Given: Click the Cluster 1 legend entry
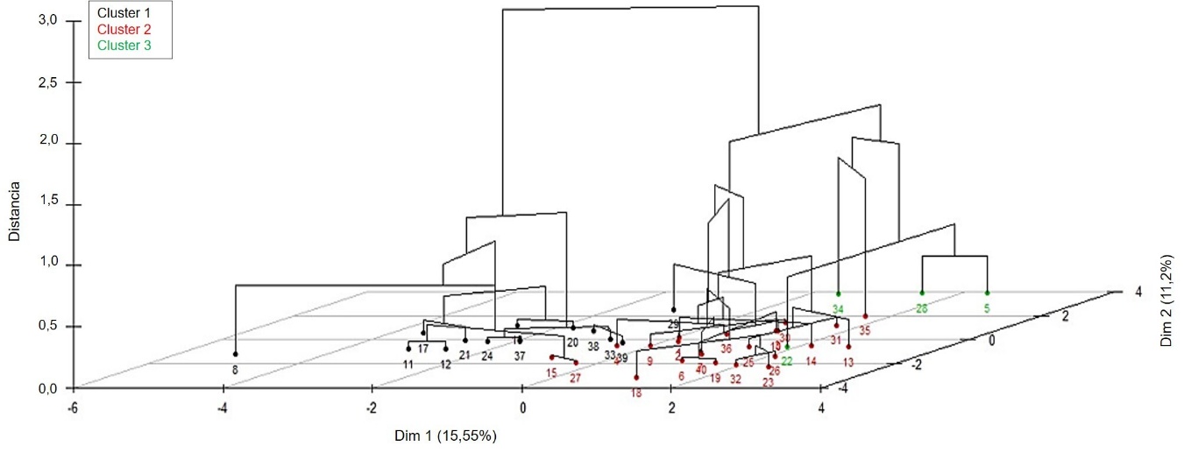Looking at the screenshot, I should pyautogui.click(x=124, y=14).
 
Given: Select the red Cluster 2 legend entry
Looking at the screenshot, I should pyautogui.click(x=124, y=30).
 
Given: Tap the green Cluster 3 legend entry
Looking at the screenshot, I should pyautogui.click(x=124, y=46).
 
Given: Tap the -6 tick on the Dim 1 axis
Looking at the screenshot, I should pyautogui.click(x=73, y=407).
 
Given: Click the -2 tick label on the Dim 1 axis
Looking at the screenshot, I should pyautogui.click(x=372, y=407).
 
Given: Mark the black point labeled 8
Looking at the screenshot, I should pyautogui.click(x=235, y=354).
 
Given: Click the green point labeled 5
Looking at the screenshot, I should pyautogui.click(x=987, y=294).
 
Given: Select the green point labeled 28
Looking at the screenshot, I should pyautogui.click(x=922, y=294).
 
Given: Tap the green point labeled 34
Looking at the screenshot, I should pyautogui.click(x=838, y=294).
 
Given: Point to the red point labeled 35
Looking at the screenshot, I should pyautogui.click(x=865, y=316).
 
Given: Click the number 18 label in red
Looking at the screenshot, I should pyautogui.click(x=636, y=393).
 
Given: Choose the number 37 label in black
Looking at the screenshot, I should pyautogui.click(x=519, y=356).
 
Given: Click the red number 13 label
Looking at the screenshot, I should pyautogui.click(x=848, y=362).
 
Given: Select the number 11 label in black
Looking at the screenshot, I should pyautogui.click(x=408, y=364).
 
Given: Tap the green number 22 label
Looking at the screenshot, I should pyautogui.click(x=787, y=361).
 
